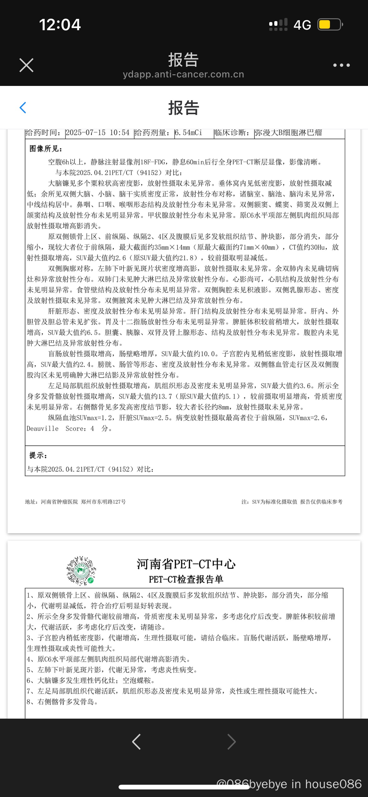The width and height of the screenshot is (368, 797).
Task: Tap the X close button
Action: [26, 65]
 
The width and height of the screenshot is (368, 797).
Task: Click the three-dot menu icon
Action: [341, 65]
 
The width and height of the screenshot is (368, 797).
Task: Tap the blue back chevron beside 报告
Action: [23, 108]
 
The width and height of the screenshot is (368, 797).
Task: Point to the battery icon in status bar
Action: [330, 25]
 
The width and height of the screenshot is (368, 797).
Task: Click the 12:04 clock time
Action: [60, 25]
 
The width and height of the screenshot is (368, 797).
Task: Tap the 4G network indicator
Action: [302, 25]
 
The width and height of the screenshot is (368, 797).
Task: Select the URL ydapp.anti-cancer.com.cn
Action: [183, 74]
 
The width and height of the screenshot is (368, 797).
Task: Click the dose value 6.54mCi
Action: [188, 133]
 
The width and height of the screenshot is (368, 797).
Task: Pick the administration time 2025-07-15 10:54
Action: [98, 133]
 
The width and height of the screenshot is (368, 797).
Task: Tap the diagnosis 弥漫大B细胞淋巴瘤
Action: [288, 133]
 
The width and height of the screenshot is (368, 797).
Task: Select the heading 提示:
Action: [38, 455]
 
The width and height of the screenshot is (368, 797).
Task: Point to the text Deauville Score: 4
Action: [60, 428]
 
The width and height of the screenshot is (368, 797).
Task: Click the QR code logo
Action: [81, 571]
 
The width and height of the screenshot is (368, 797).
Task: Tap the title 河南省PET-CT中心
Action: [186, 564]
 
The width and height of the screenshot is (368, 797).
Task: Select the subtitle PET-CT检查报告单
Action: [186, 579]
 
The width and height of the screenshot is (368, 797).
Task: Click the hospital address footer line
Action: [75, 502]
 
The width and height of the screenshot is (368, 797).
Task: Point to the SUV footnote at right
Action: [292, 502]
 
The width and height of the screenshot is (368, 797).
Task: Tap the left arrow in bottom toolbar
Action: [136, 742]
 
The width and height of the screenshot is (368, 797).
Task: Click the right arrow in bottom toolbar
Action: [231, 742]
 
